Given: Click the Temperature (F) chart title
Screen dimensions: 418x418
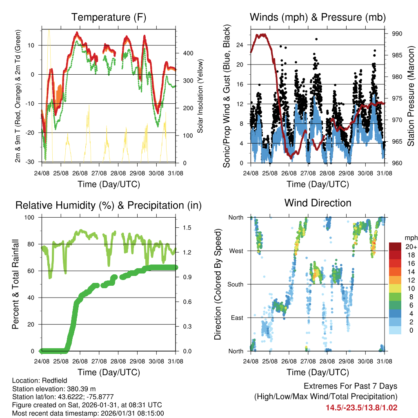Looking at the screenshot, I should point(109,17).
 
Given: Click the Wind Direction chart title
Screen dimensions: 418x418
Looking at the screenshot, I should point(318,202).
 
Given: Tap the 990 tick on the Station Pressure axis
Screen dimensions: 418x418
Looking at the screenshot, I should point(397,33).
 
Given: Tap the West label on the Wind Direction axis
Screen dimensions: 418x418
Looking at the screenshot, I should point(236,251).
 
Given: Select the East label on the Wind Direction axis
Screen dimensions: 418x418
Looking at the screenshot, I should point(236,318).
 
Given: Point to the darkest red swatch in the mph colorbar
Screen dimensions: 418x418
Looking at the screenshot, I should point(395,247).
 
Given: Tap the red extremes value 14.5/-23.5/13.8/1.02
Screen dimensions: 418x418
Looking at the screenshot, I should point(361,407).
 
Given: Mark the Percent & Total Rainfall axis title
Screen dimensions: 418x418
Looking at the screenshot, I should point(16,284).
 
